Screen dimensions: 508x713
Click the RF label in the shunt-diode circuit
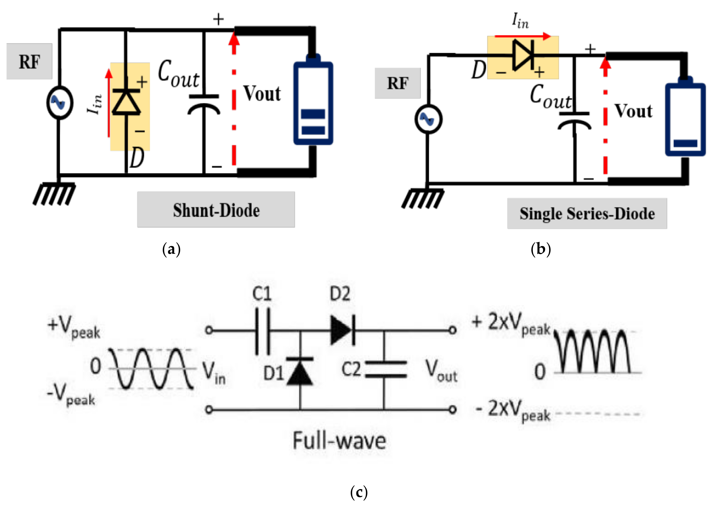click(x=29, y=62)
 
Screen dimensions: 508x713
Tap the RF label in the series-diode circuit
click(x=397, y=83)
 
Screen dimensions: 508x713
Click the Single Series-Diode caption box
click(x=587, y=214)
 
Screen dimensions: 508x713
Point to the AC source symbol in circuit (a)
click(x=59, y=103)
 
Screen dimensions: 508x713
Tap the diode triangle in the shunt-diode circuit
click(x=126, y=102)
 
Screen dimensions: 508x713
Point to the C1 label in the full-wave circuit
click(x=262, y=294)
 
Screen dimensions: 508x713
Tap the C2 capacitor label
click(x=351, y=369)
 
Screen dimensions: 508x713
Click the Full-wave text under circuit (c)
click(x=339, y=441)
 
